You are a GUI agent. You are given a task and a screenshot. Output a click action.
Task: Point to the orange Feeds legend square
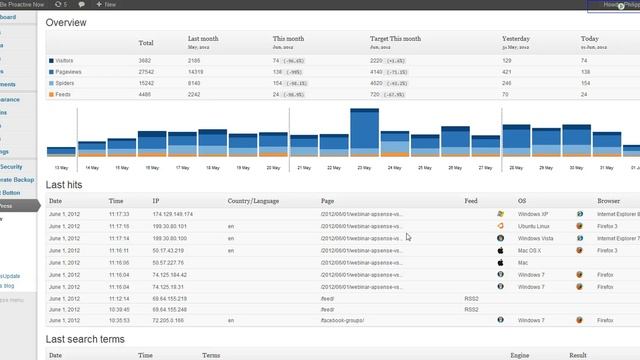click(x=51, y=94)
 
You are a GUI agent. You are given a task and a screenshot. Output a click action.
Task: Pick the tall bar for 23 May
click(x=364, y=132)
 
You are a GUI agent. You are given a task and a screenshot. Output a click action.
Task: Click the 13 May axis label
click(x=61, y=167)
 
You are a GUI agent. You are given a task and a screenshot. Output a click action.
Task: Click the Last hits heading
click(x=66, y=186)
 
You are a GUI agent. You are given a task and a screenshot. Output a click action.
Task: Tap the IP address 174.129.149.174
click(x=172, y=214)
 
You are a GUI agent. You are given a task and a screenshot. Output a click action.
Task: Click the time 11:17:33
click(x=119, y=214)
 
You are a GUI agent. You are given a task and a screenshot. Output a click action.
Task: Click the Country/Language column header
click(x=252, y=201)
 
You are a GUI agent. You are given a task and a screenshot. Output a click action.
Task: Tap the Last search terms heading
click(x=85, y=340)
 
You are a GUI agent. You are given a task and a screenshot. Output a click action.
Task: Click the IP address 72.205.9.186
click(x=169, y=320)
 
